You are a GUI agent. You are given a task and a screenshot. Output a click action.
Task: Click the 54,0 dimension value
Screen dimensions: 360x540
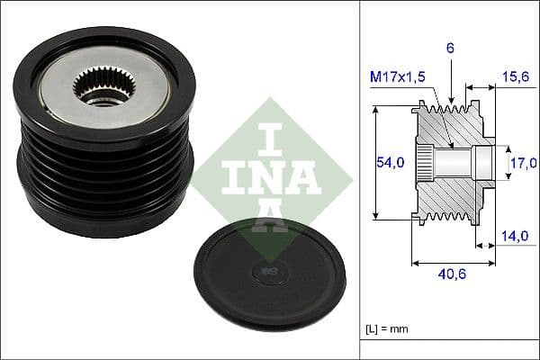click(389, 163)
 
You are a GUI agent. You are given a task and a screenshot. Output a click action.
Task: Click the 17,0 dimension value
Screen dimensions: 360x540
click(523, 163)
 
